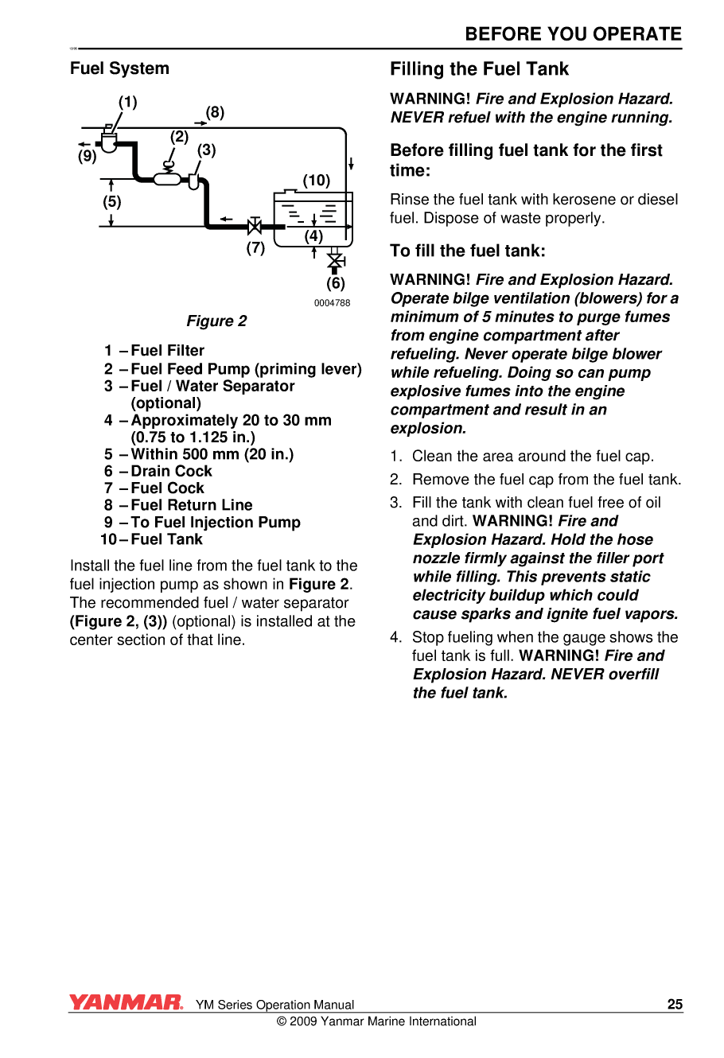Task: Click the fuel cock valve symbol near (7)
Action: [x=255, y=227]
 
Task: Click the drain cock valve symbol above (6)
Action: [x=336, y=261]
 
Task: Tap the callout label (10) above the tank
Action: [x=316, y=181]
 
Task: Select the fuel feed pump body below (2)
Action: [x=167, y=179]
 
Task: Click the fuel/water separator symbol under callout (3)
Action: [x=193, y=181]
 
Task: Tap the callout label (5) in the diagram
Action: [x=111, y=202]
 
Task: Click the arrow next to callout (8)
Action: [x=200, y=123]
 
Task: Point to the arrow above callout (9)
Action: [x=85, y=144]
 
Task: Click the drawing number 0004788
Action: [x=332, y=303]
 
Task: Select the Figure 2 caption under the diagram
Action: [x=216, y=321]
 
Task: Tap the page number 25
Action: [x=675, y=1004]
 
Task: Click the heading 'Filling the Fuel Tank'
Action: [x=479, y=69]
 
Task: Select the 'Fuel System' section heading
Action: [x=119, y=68]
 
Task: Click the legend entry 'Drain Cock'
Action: [x=171, y=471]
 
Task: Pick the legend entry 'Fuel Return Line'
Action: [x=191, y=505]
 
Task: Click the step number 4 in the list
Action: [x=395, y=637]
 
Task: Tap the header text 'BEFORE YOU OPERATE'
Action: [x=573, y=34]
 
